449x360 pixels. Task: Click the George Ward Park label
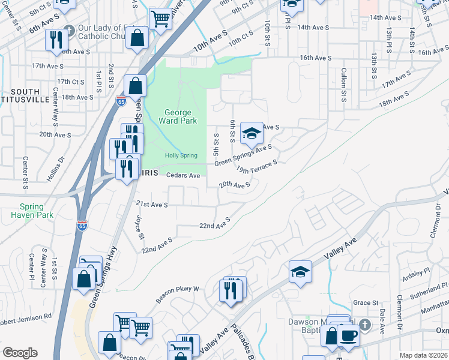[178, 116]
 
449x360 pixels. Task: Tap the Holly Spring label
[181, 156]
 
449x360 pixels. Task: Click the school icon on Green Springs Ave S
[252, 133]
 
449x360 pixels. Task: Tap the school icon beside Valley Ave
[300, 271]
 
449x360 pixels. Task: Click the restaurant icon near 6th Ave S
[55, 40]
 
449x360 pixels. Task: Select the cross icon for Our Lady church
[69, 30]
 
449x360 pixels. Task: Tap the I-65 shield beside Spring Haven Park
[82, 226]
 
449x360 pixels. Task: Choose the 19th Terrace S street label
[256, 166]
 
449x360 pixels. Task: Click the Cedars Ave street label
[182, 175]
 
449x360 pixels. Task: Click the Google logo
[20, 353]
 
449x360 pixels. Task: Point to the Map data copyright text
[423, 355]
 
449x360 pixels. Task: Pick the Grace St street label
[366, 303]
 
